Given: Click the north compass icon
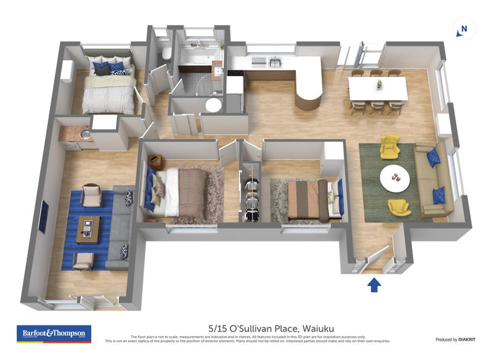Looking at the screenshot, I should click(464, 29).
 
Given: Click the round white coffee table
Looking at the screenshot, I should click(394, 178).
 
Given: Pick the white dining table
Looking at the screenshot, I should click(378, 88).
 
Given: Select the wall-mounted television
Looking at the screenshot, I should click(43, 216).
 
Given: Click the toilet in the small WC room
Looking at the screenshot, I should click(166, 55).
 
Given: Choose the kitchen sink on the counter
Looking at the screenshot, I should click(274, 62).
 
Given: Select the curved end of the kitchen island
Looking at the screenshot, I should click(309, 96).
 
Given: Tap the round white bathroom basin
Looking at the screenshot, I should click(213, 105).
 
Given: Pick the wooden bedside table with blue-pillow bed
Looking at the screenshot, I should click(156, 162).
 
